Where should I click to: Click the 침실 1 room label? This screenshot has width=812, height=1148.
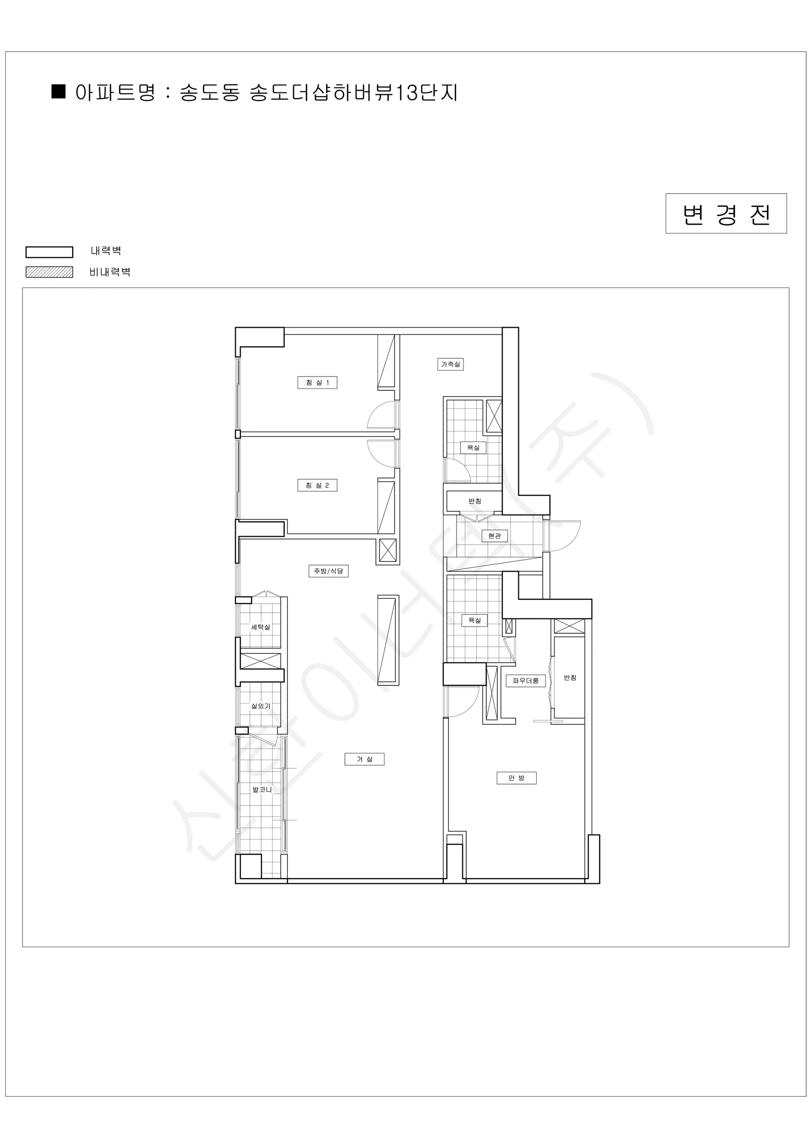[x=318, y=383]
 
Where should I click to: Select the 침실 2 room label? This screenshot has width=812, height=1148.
[x=318, y=485]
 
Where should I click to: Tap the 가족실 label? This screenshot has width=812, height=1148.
[x=450, y=364]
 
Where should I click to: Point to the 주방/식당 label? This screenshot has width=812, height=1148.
[x=329, y=571]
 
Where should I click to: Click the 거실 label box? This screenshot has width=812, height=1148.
[x=364, y=759]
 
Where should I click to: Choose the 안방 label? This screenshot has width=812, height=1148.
[x=516, y=778]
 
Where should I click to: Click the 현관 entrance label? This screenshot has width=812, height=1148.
[x=494, y=536]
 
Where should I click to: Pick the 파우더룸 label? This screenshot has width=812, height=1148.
[x=526, y=681]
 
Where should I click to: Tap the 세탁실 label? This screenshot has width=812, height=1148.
[x=261, y=627]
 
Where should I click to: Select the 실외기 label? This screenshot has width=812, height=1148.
[x=261, y=706]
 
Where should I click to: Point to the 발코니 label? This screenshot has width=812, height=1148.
[x=262, y=790]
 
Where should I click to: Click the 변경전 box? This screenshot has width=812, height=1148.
[x=726, y=213]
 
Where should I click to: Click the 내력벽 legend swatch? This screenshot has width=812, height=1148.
[x=49, y=252]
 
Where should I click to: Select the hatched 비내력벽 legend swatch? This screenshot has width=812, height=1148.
[x=49, y=272]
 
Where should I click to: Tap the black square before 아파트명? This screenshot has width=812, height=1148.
[x=58, y=91]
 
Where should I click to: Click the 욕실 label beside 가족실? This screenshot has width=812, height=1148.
[x=473, y=448]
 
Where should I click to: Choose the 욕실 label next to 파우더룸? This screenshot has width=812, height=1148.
[x=474, y=620]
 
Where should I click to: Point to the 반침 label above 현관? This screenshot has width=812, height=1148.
[x=475, y=501]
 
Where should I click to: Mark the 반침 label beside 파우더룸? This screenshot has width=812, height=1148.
[x=570, y=677]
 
